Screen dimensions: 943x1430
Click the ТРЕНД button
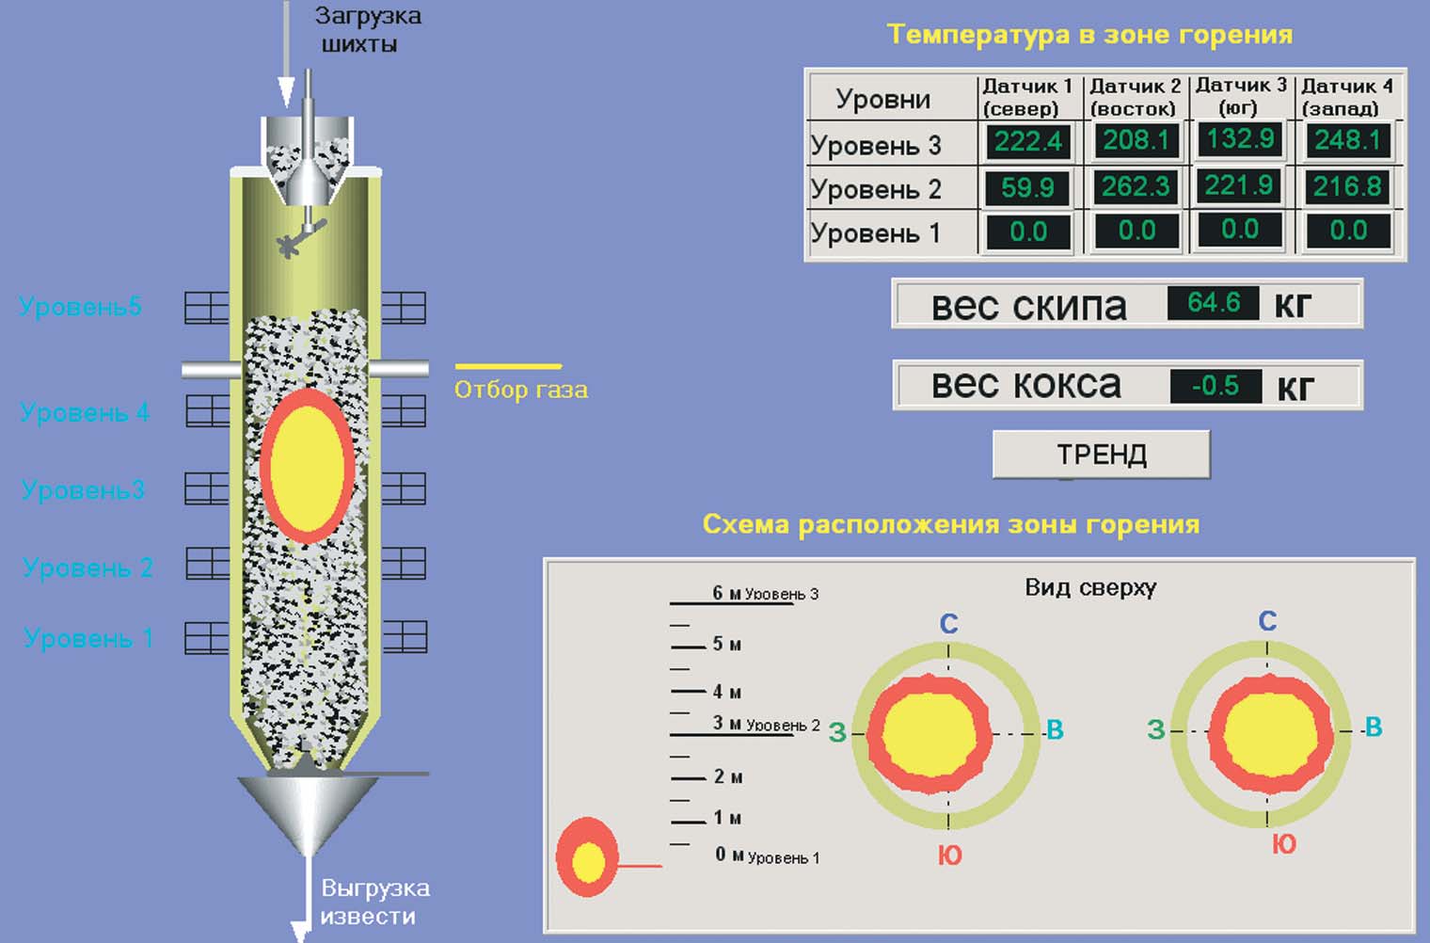point(1101,455)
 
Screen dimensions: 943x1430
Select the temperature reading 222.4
point(1027,142)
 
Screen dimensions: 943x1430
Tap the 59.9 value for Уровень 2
point(1027,187)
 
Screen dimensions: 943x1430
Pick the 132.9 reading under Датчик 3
point(1240,139)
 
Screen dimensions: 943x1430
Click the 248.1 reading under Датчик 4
point(1347,141)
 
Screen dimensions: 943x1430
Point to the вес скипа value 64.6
point(1213,303)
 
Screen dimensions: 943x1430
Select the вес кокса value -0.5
point(1215,386)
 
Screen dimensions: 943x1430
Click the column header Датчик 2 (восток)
point(1134,97)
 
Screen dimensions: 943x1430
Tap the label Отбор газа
point(520,390)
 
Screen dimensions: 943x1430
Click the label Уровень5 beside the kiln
point(80,306)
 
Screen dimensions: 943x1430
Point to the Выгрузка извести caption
point(373,902)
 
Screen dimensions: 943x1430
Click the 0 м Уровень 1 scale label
point(767,855)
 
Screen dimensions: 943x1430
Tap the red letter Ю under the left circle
point(950,855)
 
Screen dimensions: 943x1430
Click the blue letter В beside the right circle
point(1373,727)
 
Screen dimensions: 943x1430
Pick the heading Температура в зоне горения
point(1089,35)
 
